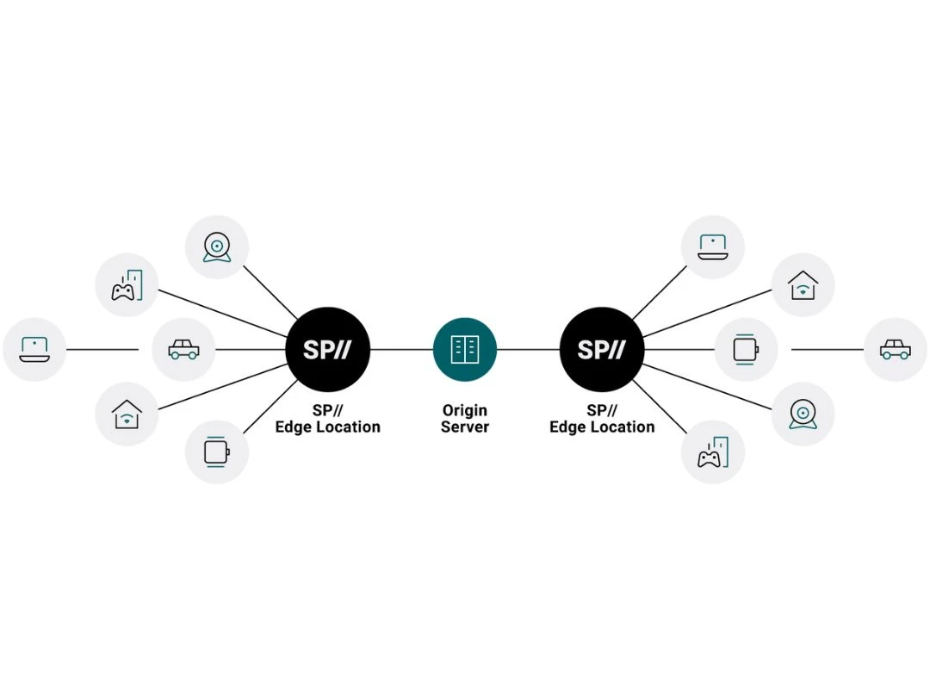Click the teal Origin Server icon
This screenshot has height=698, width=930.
[x=465, y=349]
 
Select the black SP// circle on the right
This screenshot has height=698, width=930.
[x=602, y=349]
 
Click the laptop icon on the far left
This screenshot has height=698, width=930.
[x=34, y=349]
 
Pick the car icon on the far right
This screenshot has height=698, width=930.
[x=896, y=349]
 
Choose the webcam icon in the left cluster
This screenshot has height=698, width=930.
[x=217, y=247]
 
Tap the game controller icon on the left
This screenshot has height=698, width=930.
[x=127, y=287]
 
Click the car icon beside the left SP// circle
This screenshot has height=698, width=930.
[x=183, y=349]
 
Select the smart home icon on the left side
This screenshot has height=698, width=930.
[x=127, y=414]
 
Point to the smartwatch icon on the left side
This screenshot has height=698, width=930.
[x=216, y=452]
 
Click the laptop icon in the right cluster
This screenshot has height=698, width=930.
[x=713, y=247]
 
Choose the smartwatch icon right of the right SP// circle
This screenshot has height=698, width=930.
[x=746, y=349]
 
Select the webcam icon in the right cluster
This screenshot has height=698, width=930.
[x=803, y=414]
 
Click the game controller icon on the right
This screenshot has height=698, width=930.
[x=712, y=452]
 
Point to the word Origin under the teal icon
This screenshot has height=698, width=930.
[x=465, y=410]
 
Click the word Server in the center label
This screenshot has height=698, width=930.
[x=465, y=427]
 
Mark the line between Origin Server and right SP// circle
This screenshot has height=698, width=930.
[x=528, y=349]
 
